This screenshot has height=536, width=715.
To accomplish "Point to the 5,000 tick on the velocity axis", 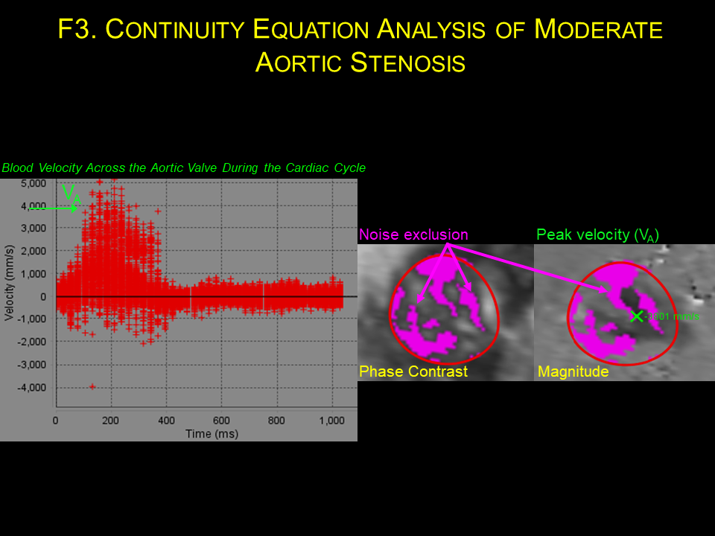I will (34, 183).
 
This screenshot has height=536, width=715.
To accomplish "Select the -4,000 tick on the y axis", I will (32, 387).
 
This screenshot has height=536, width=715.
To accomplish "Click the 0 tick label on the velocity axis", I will (43, 296).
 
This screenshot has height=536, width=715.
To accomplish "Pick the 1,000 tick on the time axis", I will (332, 421).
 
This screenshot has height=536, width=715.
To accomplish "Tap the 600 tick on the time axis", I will (221, 421).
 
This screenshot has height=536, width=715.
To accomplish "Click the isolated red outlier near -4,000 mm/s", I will (92, 386).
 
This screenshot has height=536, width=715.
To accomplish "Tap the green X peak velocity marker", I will (636, 316).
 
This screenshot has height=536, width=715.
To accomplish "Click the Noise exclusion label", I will (413, 235).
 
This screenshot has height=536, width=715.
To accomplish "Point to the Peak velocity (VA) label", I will (597, 235).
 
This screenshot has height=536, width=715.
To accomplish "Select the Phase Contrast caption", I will (413, 371).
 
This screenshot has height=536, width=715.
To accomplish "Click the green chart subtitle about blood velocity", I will (183, 168).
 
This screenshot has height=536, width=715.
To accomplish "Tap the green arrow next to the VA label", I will (54, 209).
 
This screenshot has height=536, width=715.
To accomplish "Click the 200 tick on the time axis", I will (111, 421).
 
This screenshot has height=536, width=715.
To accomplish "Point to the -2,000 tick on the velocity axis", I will (32, 342).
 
